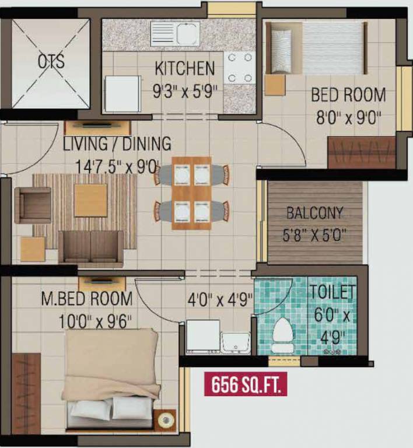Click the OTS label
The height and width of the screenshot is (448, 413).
coord(51,62)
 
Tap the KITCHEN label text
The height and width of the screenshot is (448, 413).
coord(184,68)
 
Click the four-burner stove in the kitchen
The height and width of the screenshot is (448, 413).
coord(239,68)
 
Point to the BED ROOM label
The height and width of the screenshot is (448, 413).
coord(348,94)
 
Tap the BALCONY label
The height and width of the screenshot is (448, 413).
coord(314,213)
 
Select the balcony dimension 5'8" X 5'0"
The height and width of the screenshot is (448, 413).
coord(314,235)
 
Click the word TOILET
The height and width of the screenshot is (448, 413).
coord(332,291)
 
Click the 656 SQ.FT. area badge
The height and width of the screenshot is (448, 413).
coord(246,385)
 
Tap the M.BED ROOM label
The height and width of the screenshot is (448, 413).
coord(87,299)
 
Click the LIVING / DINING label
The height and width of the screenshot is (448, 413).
coord(117,143)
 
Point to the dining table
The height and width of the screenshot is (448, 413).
coord(192,192)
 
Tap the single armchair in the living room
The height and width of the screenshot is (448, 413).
coord(33,205)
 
